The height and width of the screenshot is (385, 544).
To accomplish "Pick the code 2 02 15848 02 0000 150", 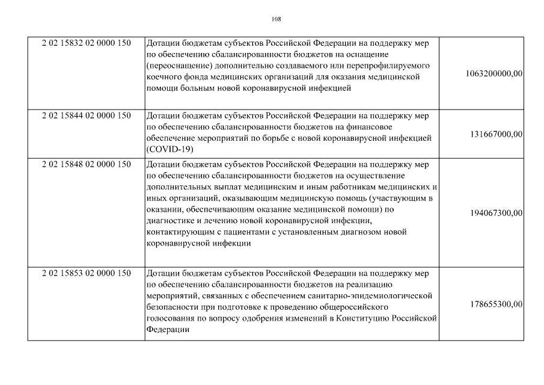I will pos(87,164).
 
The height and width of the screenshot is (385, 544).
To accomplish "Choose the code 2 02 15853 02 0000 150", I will pos(87,273).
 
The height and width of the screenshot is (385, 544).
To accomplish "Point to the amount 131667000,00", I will pos(496,134).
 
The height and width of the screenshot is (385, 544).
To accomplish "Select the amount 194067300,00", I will pos(496,213).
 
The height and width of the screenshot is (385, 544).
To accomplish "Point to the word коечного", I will pos(162,78).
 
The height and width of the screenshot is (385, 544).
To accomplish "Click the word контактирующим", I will pos(177,232).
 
